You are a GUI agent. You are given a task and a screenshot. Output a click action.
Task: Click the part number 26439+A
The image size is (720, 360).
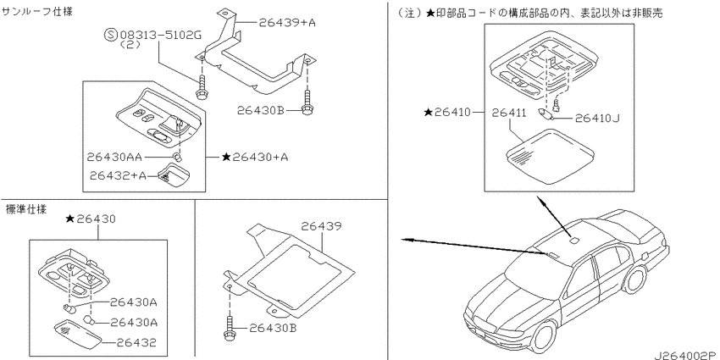286,23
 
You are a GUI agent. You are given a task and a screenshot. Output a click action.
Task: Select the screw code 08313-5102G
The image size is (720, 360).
160,36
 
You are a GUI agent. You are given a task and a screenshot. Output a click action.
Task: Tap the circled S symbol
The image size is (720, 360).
111,35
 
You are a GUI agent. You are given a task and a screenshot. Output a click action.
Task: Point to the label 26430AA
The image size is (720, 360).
114,157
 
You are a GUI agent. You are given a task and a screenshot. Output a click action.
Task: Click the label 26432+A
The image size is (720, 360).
117,175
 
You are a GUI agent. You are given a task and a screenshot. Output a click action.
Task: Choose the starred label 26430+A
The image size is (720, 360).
255,157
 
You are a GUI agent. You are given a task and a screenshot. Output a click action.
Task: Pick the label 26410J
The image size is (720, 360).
597,119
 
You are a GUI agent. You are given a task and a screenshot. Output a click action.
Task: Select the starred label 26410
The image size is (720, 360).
447,112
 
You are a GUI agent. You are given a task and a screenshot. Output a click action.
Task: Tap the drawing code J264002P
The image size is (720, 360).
687,354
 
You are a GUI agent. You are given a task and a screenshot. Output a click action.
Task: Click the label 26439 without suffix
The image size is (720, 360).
321,226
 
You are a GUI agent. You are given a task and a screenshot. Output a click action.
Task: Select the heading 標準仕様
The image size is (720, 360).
26,209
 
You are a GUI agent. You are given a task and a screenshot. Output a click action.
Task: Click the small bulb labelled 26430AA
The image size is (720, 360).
178,158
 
